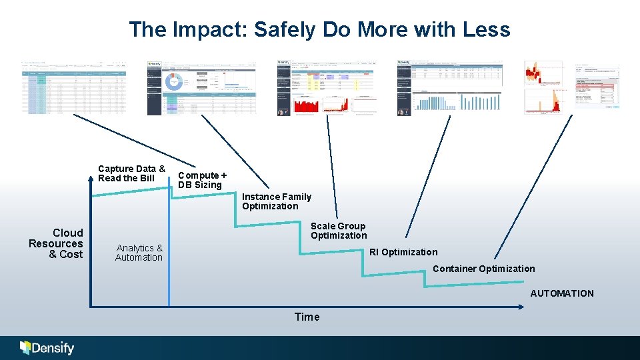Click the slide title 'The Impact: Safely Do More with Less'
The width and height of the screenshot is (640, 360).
point(319,29)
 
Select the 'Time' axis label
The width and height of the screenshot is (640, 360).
point(307,317)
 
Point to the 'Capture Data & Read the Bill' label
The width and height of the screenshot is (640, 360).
point(131,173)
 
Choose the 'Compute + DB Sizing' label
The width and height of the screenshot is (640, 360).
point(202,180)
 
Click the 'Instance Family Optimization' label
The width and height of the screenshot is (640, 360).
point(276,201)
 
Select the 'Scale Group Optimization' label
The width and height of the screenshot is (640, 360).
point(339,231)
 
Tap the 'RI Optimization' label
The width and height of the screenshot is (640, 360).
point(403,252)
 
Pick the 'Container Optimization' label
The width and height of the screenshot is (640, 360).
point(483,269)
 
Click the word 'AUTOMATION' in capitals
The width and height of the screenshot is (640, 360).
point(561,293)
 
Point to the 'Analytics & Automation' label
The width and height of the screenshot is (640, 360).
point(139,253)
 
